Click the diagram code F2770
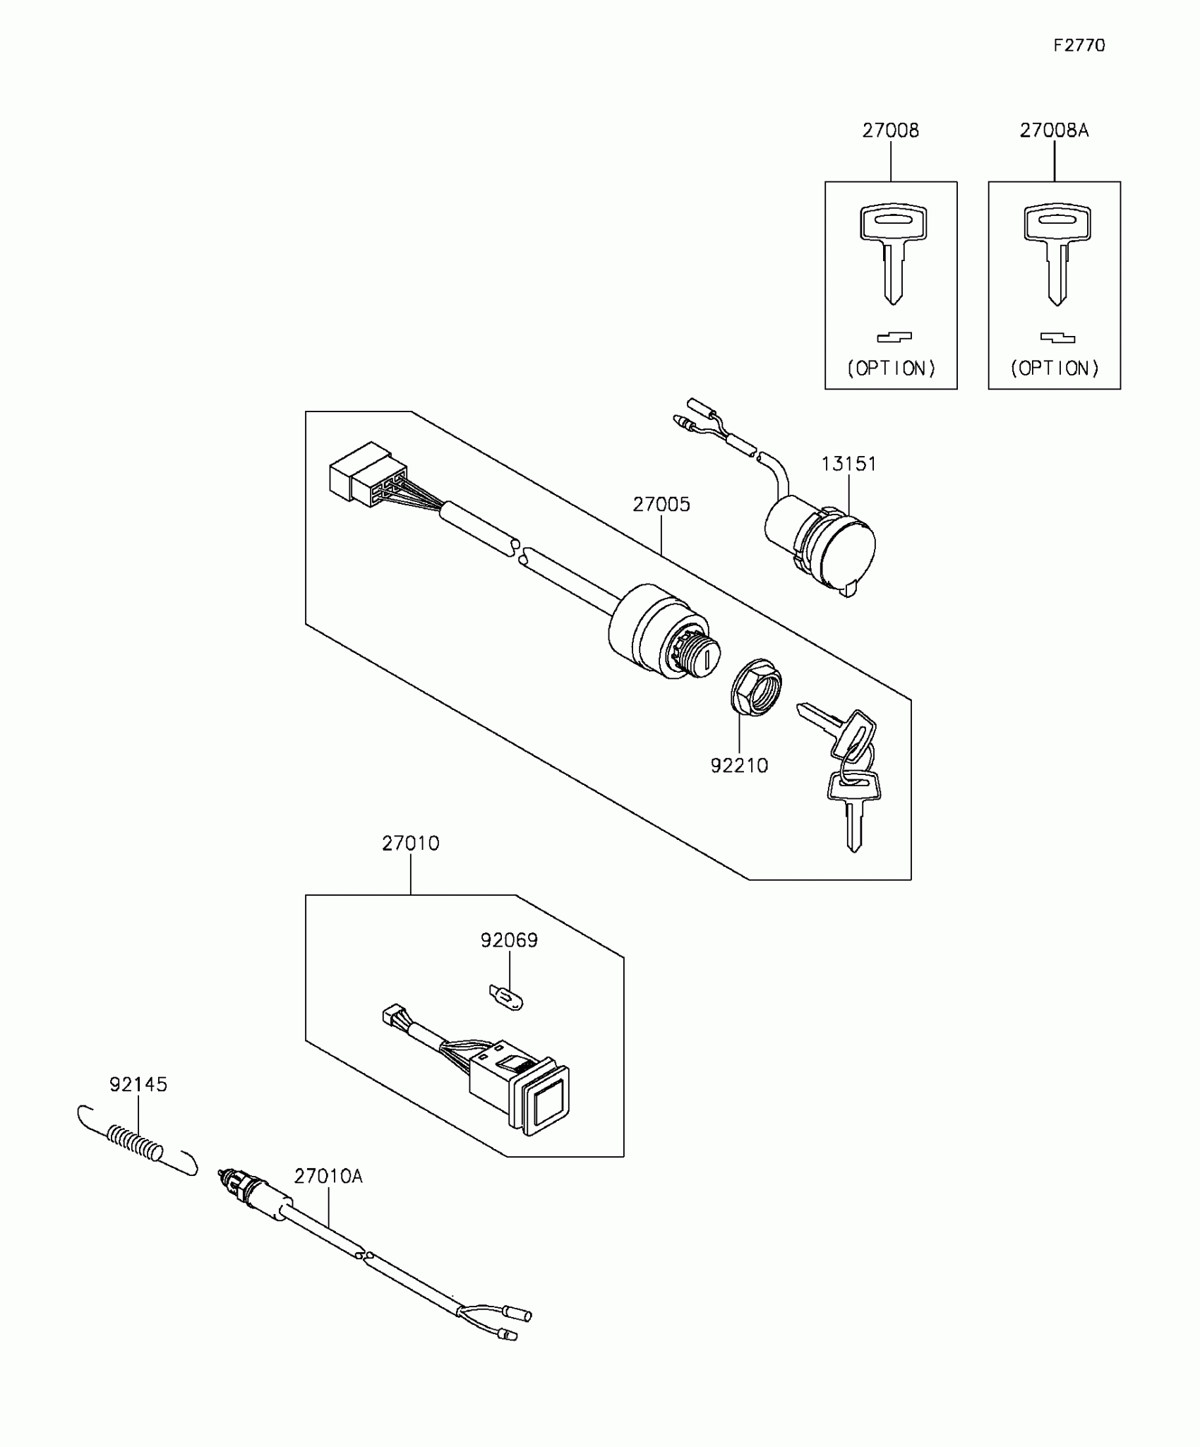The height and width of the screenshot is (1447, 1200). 1079,46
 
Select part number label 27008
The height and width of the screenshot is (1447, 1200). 890,131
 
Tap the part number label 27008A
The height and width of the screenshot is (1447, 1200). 1054,131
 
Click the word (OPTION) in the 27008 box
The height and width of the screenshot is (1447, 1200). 891,368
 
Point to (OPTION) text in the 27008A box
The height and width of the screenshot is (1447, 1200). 1055,368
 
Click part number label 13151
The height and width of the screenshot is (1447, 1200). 848,464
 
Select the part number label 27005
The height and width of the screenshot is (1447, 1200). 661,505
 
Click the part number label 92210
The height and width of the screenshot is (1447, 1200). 739,766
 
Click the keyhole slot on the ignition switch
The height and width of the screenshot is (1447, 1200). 706,659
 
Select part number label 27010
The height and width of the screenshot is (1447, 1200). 410,843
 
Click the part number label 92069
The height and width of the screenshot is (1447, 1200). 509,941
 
